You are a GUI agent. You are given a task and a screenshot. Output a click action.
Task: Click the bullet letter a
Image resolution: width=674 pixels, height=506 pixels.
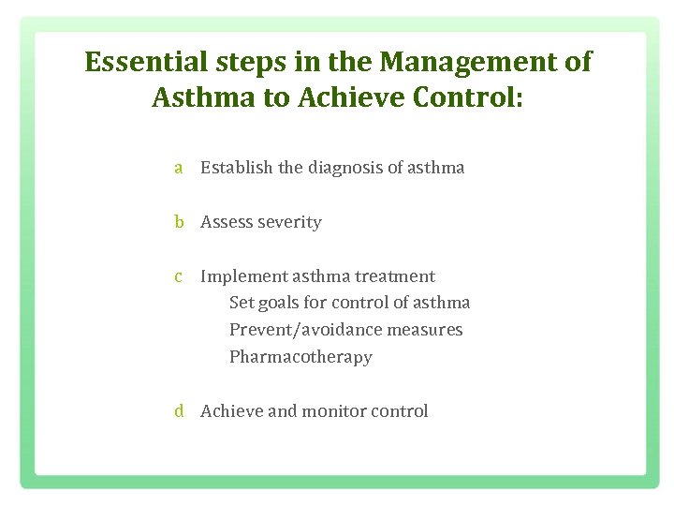[178, 169]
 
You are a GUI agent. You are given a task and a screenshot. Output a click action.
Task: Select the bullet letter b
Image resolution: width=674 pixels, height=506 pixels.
[178, 222]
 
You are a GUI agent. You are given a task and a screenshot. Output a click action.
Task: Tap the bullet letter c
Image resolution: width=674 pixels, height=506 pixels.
[178, 276]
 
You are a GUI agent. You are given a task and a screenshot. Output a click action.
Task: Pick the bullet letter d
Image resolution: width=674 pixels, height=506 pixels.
[178, 411]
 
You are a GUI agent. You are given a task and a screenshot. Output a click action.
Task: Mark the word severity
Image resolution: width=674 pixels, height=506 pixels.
[288, 222]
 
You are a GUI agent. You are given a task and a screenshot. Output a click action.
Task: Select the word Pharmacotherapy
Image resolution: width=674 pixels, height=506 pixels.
[300, 357]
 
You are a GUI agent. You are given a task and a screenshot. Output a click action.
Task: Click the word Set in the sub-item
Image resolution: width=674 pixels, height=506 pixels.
[241, 303]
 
